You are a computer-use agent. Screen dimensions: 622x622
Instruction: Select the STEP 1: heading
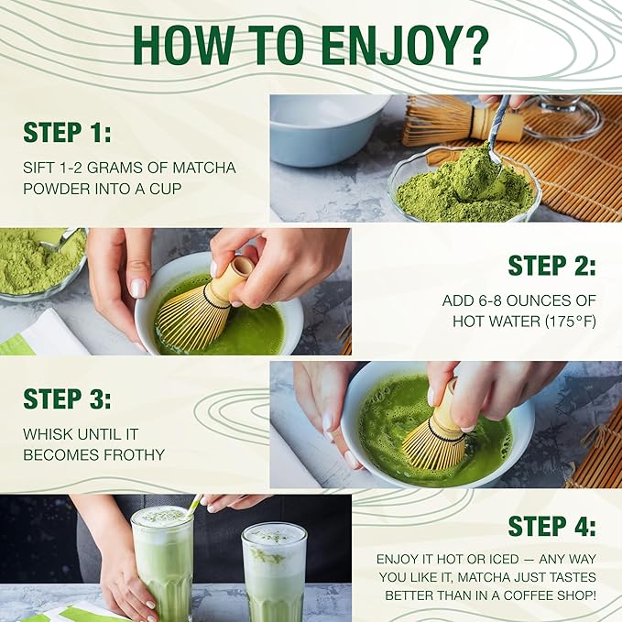[x=67, y=132]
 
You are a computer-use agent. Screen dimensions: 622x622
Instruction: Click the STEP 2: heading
[x=551, y=265]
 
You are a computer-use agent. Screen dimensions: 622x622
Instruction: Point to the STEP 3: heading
[x=67, y=398]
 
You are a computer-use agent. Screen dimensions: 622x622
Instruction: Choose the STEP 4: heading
[x=551, y=526]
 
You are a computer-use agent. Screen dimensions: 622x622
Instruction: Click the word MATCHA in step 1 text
[x=204, y=168]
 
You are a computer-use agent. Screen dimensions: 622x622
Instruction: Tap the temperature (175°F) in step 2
[x=571, y=321]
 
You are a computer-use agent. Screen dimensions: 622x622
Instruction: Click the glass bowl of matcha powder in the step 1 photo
[x=465, y=187]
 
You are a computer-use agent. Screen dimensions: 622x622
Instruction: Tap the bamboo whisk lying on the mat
[x=462, y=120]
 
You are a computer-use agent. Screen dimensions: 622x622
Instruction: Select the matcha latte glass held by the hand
[x=163, y=563]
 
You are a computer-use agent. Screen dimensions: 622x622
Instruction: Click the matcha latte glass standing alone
[x=275, y=572]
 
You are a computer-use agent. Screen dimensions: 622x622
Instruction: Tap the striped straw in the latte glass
[x=193, y=505]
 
